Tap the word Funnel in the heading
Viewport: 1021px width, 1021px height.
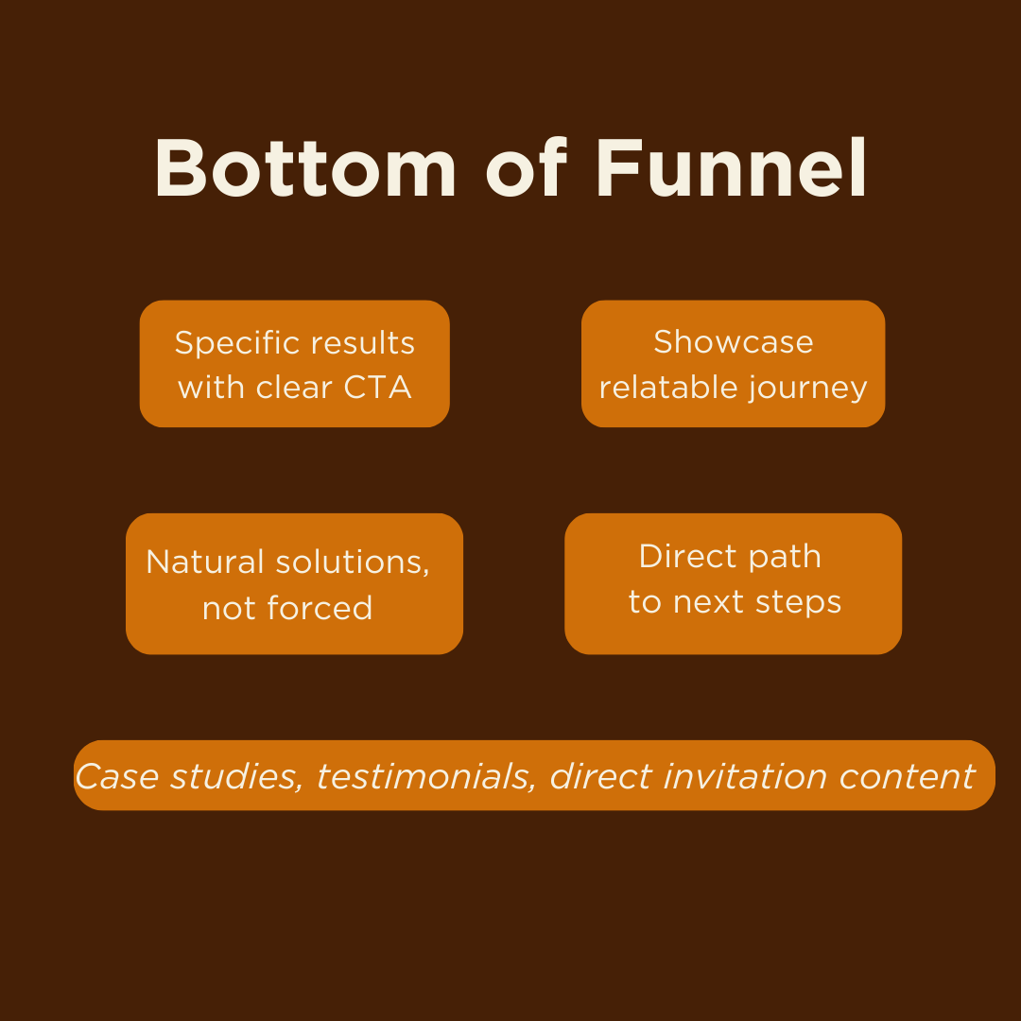click(x=731, y=169)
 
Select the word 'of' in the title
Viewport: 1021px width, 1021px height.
click(x=527, y=169)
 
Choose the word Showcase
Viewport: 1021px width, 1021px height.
click(x=733, y=342)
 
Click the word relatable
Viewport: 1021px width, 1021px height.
click(x=669, y=388)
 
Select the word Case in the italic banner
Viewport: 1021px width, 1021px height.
click(x=118, y=776)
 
